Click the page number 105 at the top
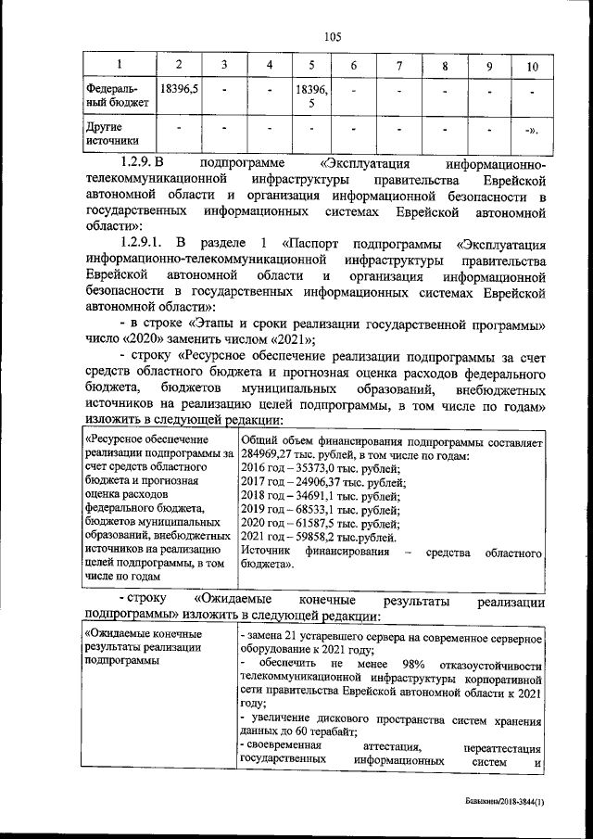pyautogui.click(x=333, y=37)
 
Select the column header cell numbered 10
pyautogui.click(x=531, y=66)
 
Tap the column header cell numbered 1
pyautogui.click(x=119, y=65)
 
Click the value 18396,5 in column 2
pyautogui.click(x=178, y=92)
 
